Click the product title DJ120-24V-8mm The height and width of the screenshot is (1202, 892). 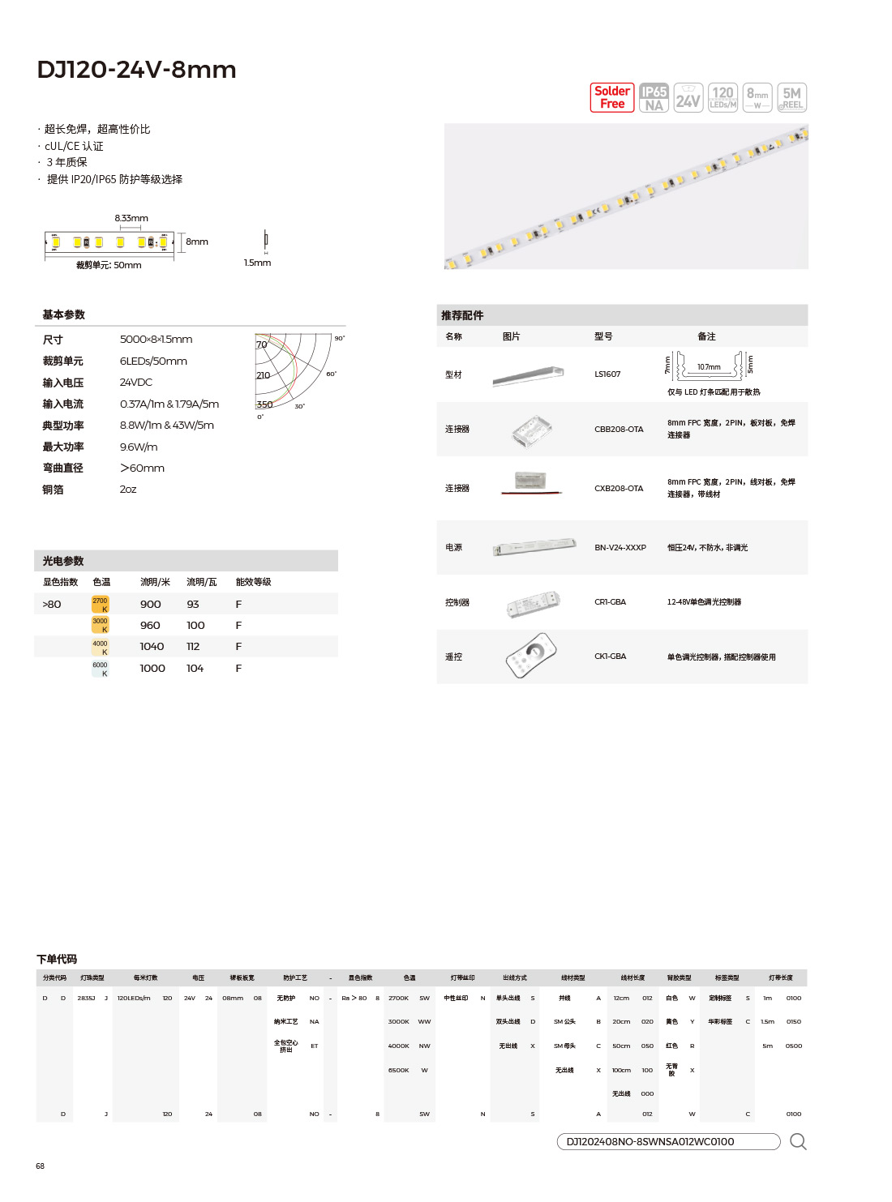[x=136, y=70]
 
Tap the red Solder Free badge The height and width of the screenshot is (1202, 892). [x=611, y=97]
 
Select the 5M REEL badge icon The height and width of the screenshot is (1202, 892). [x=791, y=97]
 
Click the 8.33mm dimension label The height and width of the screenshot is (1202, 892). [x=131, y=218]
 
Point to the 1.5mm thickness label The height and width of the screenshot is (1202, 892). [x=257, y=263]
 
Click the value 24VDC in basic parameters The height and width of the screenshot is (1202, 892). [x=136, y=383]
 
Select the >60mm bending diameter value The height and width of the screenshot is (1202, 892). [x=142, y=468]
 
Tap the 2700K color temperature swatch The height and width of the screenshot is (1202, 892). [x=100, y=604]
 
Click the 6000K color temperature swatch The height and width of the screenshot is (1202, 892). [x=100, y=668]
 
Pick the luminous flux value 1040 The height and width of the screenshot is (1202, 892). [x=152, y=647]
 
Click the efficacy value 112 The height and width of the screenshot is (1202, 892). [x=193, y=647]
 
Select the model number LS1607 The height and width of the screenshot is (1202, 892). [x=607, y=374]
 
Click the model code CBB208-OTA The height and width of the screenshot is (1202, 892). [x=619, y=430]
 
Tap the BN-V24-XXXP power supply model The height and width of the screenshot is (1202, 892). [x=620, y=548]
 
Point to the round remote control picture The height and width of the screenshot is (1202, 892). [x=532, y=655]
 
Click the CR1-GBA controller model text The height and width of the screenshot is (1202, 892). [x=611, y=602]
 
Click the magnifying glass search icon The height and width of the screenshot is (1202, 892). [x=798, y=1142]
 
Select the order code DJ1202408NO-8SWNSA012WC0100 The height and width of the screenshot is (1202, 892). [x=650, y=1142]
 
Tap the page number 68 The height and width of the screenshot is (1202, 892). [x=40, y=1166]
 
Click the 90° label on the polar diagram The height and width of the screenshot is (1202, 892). [x=339, y=338]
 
